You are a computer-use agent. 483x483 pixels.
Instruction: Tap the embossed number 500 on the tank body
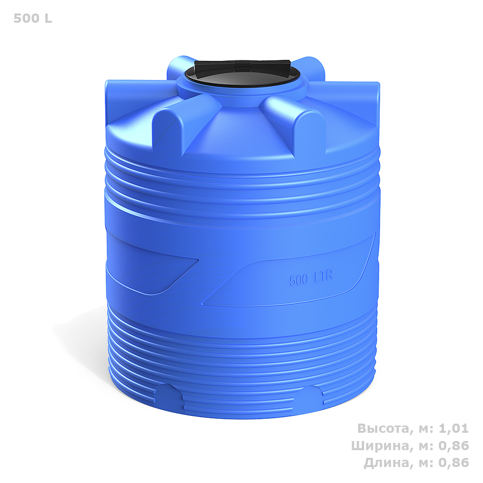[298, 280]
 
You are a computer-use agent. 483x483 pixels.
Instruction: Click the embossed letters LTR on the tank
[323, 276]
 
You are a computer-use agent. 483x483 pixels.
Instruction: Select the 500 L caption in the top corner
[33, 18]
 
